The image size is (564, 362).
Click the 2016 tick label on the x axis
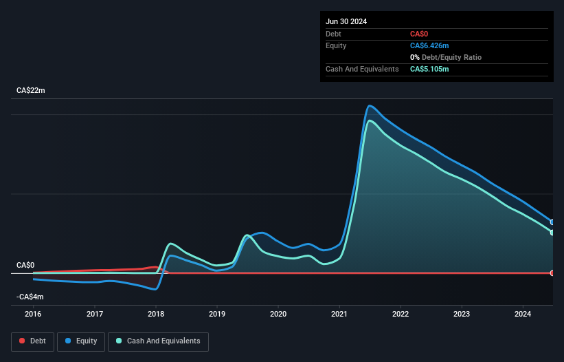(x=33, y=314)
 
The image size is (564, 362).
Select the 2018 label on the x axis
(x=156, y=314)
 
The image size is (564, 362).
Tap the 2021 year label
(x=339, y=314)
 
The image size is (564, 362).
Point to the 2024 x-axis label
(x=523, y=314)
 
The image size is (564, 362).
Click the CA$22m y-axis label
(x=31, y=91)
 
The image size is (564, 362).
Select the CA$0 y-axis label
(x=25, y=265)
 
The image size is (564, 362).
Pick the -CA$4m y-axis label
(x=30, y=297)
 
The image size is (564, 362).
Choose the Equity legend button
(x=81, y=341)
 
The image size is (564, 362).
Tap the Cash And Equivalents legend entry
(x=158, y=341)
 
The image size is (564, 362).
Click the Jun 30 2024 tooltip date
(x=346, y=21)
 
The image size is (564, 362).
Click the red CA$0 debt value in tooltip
(x=420, y=34)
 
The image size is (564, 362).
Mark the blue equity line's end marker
(x=552, y=222)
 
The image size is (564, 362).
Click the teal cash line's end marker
(x=552, y=233)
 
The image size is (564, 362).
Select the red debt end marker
(x=552, y=273)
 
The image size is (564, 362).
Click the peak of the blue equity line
(x=370, y=105)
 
